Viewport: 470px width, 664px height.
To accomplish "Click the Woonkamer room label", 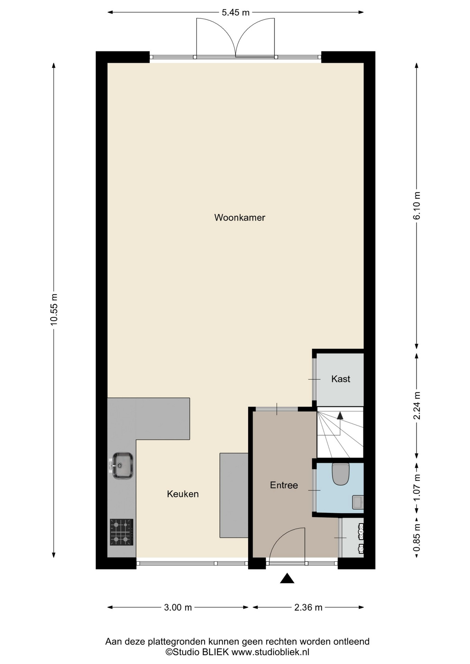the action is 239,218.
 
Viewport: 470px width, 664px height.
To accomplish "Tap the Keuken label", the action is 183,494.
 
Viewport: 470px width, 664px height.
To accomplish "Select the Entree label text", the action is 284,485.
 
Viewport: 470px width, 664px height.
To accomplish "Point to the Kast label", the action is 341,379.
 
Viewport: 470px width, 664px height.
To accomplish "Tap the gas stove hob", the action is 122,532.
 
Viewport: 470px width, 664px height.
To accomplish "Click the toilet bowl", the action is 341,474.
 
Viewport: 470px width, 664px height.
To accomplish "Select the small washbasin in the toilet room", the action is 358,502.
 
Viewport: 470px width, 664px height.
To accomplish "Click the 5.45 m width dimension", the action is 235,12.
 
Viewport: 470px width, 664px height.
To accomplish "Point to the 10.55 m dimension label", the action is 54,310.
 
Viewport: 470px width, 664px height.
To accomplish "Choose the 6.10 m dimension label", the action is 417,205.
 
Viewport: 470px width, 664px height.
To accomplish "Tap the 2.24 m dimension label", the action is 417,405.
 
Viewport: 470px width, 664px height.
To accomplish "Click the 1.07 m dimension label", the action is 417,487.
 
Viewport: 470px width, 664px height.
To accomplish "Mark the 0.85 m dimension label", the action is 417,538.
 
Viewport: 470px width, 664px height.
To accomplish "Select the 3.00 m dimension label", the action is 178,607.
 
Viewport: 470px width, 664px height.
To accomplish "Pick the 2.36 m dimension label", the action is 308,607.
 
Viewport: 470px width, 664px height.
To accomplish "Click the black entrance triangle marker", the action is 287,579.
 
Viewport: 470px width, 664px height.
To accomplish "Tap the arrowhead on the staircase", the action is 340,415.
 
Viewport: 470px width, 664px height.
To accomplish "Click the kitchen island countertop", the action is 234,495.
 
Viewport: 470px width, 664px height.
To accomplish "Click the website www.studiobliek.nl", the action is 270,652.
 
